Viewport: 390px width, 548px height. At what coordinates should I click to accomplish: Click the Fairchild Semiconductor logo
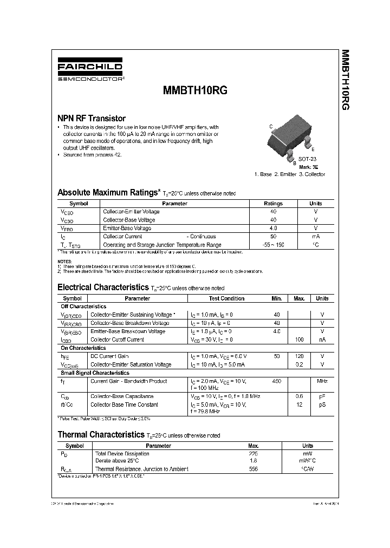pyautogui.click(x=91, y=71)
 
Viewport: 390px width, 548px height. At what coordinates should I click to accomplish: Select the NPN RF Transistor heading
pyautogui.click(x=92, y=118)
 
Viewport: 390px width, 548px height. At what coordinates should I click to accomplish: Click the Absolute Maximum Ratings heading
pyautogui.click(x=108, y=192)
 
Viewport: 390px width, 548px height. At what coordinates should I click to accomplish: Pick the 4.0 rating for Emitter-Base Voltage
pyautogui.click(x=273, y=229)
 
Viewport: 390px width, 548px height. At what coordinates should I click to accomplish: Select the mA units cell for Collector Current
pyautogui.click(x=315, y=237)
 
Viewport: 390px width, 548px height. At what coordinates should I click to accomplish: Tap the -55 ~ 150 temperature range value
pyautogui.click(x=273, y=245)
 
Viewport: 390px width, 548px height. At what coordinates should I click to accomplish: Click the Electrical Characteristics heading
pyautogui.click(x=103, y=287)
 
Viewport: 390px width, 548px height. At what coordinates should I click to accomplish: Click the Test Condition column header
pyautogui.click(x=226, y=298)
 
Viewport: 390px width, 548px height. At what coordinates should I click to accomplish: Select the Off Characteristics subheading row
pyautogui.click(x=83, y=306)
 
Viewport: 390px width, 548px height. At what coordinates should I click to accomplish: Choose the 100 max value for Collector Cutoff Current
pyautogui.click(x=298, y=340)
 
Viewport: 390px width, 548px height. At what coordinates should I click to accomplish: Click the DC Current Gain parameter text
pyautogui.click(x=109, y=356)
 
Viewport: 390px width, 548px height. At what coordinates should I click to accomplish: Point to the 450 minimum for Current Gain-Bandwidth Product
pyautogui.click(x=277, y=381)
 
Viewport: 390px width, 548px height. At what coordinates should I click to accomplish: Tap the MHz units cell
pyautogui.click(x=322, y=381)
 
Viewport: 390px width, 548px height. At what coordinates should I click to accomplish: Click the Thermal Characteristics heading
pyautogui.click(x=101, y=434)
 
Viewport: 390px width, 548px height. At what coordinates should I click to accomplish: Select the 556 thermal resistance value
pyautogui.click(x=253, y=468)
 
